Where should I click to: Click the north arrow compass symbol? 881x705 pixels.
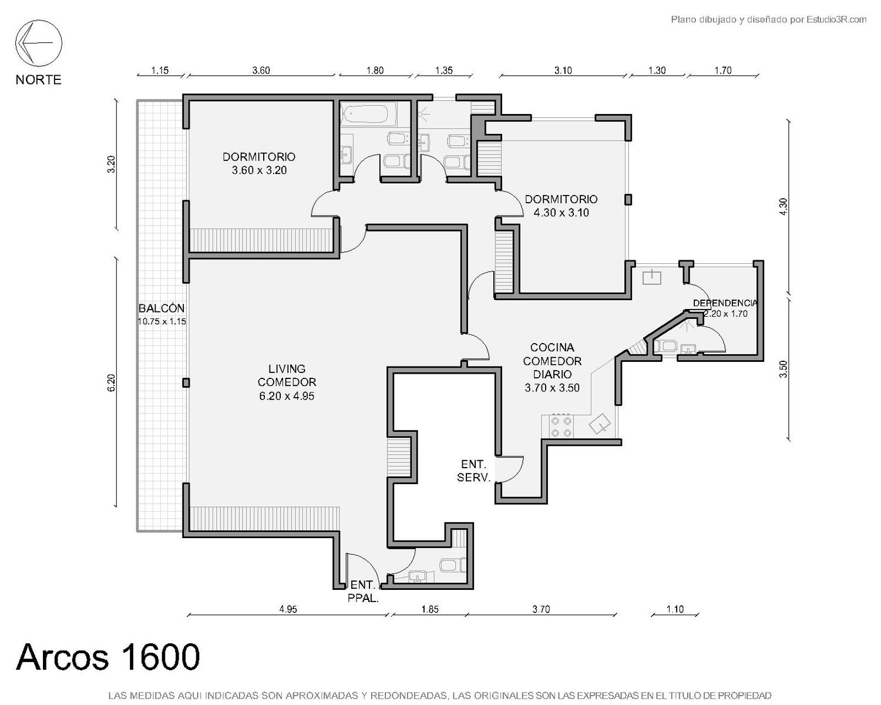(39, 43)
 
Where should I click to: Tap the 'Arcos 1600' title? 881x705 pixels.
(108, 657)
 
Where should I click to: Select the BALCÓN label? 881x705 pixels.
(162, 308)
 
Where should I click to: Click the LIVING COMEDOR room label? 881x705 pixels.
(287, 375)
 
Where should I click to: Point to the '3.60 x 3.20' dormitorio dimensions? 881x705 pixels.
(259, 170)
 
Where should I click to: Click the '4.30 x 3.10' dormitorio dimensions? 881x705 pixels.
(561, 213)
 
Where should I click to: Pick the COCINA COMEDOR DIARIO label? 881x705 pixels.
(552, 361)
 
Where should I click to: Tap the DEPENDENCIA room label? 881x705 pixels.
(725, 303)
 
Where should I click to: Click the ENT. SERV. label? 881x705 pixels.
(473, 471)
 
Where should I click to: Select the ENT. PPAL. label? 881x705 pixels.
(363, 591)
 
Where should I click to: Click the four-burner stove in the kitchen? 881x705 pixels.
(561, 427)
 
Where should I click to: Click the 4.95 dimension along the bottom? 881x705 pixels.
(288, 609)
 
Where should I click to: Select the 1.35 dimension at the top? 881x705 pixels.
(444, 70)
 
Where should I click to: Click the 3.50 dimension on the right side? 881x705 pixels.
(783, 369)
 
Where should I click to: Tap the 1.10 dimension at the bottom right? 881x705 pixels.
(675, 609)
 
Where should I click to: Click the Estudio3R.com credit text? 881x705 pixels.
(768, 19)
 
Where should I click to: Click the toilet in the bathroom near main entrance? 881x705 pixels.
(453, 566)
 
